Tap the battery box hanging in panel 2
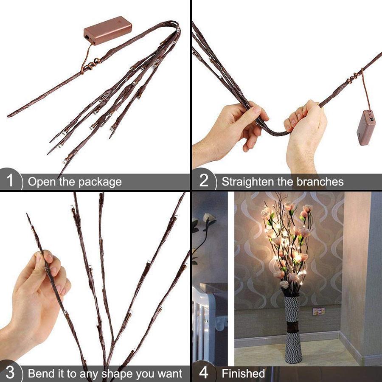tap(366, 127)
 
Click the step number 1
tap(10, 182)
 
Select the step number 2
tap(204, 182)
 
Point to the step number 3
tap(10, 374)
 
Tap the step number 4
tap(204, 374)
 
